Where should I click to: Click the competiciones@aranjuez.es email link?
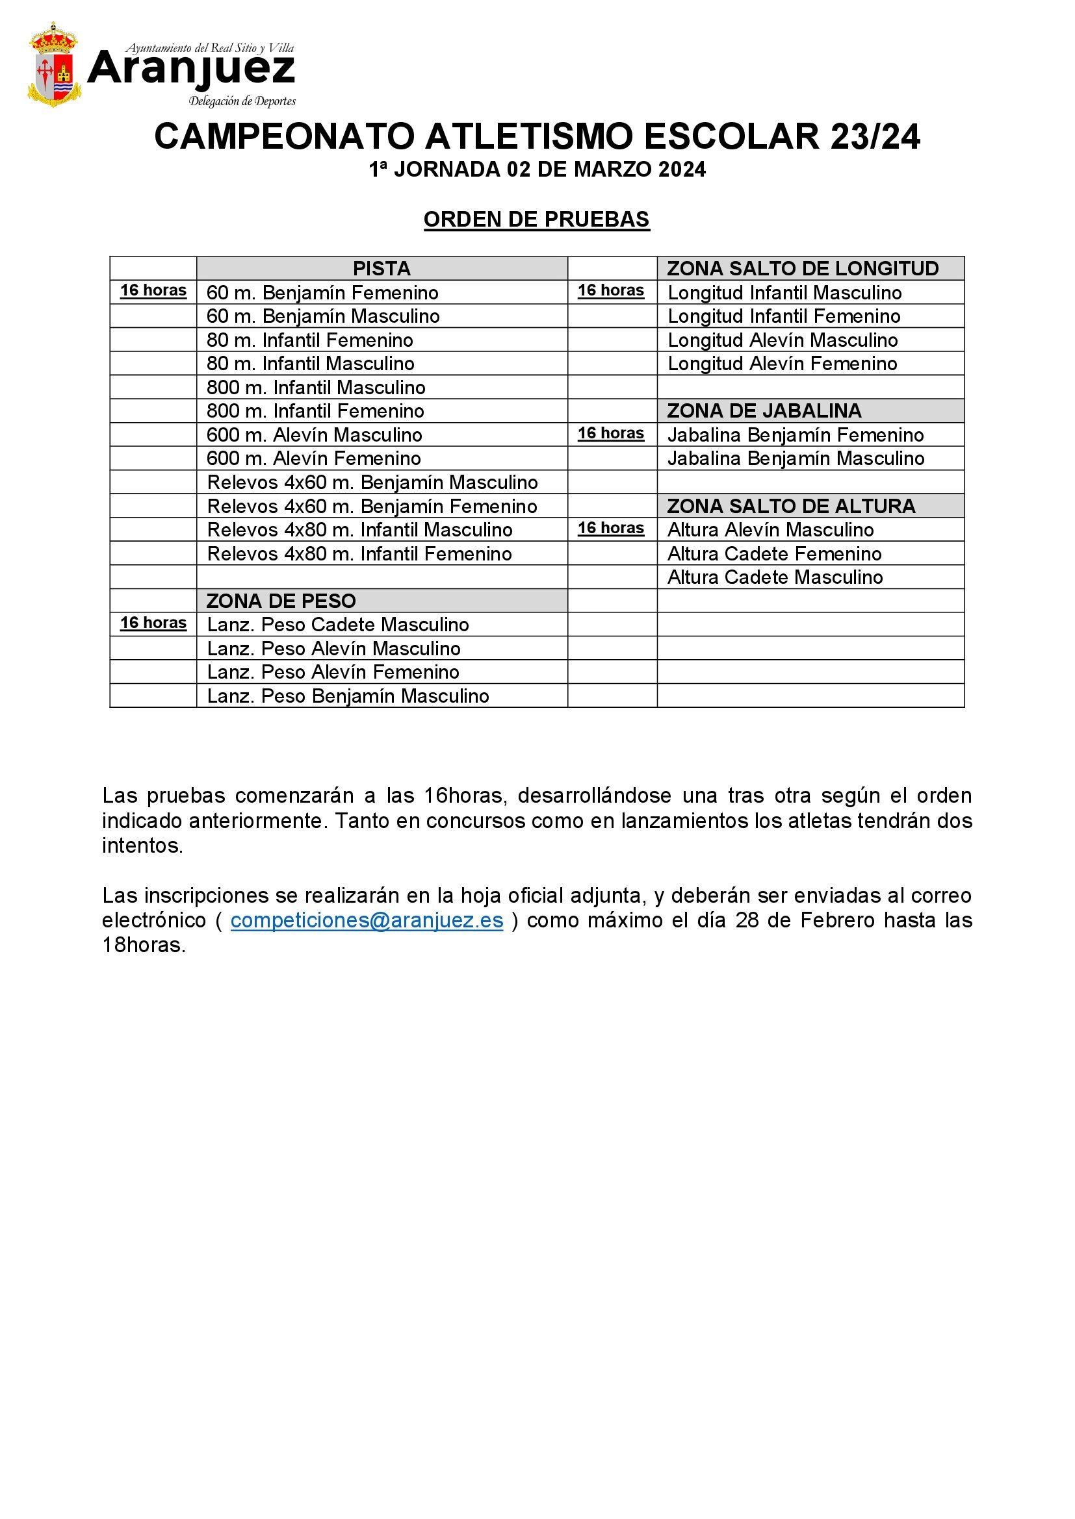pos(367,920)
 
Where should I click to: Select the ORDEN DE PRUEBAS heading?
pos(537,220)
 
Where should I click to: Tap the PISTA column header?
pos(382,269)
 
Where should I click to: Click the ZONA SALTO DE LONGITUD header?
pos(802,269)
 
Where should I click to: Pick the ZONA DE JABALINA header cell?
pos(764,411)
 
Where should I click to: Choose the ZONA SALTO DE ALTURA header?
pos(791,506)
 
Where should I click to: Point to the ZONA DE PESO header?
pos(281,601)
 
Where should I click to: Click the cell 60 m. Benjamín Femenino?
pos(322,292)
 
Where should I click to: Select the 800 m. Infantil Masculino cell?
pos(316,387)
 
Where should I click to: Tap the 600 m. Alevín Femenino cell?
pos(314,458)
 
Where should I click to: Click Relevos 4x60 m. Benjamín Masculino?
pos(372,483)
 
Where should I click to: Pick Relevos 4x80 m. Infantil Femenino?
pos(359,554)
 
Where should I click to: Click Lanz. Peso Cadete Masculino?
pos(337,625)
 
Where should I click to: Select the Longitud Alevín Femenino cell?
pos(782,364)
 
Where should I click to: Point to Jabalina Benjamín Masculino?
pos(796,458)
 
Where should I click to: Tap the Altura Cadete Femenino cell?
pos(775,554)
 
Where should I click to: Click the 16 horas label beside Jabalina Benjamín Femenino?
pos(611,433)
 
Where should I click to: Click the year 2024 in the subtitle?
pos(682,170)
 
